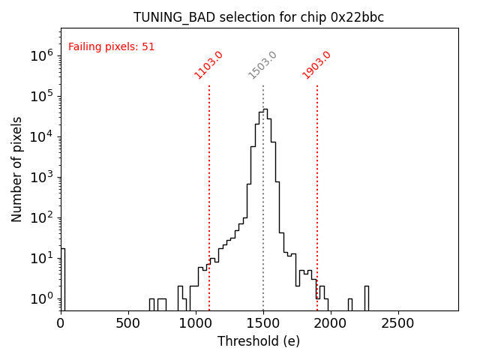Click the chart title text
pos(259,17)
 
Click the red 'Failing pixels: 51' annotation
pos(111,46)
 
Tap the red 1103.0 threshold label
pos(208,64)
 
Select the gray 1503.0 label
pos(262,64)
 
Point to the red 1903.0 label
pos(316,64)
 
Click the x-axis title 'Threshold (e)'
pos(259,341)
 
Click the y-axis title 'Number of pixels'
pos(17,169)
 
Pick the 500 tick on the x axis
pos(128,322)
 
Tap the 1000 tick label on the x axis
pos(196,322)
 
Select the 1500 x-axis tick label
pos(262,322)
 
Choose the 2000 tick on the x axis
pos(330,322)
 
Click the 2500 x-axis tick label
pos(397,322)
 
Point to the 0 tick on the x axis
pos(61,322)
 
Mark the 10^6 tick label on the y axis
pos(40,55)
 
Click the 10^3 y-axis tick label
pos(40,177)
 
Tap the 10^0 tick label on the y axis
pos(40,298)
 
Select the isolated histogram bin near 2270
pos(366,298)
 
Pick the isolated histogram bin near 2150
pos(349,304)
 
